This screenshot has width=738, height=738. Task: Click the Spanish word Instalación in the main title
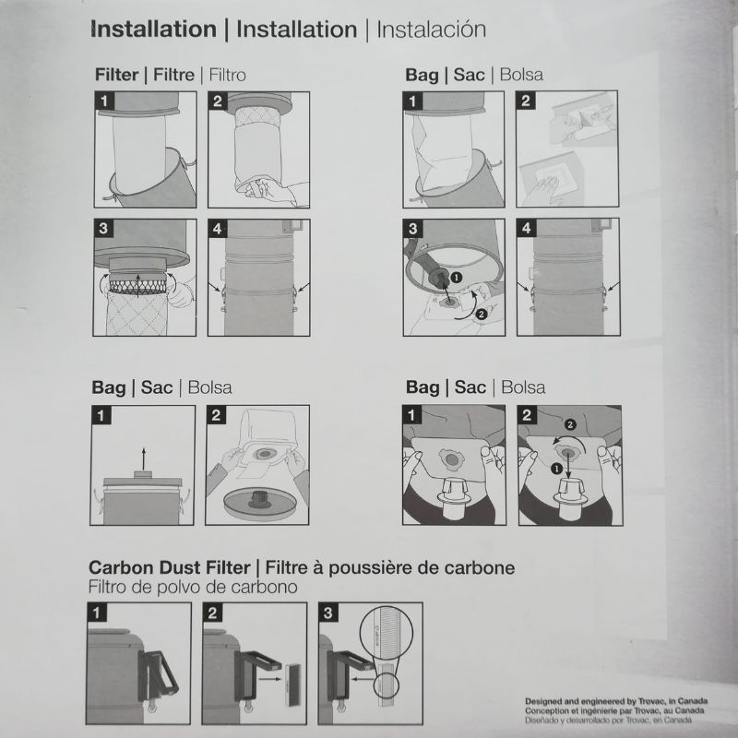(x=431, y=30)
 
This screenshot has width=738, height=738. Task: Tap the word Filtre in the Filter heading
(x=173, y=75)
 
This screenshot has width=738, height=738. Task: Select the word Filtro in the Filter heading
(x=227, y=75)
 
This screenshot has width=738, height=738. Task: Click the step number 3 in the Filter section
(x=103, y=228)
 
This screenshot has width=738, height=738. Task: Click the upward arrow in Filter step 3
(x=137, y=285)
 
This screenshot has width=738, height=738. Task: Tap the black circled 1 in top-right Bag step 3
(x=456, y=278)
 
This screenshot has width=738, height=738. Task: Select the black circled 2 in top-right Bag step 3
(x=481, y=315)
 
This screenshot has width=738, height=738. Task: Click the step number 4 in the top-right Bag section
(x=526, y=228)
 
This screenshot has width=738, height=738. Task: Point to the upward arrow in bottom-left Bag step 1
(x=144, y=457)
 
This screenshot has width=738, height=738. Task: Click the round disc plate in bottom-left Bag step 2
(x=260, y=503)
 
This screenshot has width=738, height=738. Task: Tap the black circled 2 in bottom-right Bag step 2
(x=570, y=425)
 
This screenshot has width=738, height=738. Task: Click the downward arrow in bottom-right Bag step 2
(x=568, y=466)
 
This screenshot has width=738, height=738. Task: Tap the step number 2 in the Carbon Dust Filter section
(x=212, y=613)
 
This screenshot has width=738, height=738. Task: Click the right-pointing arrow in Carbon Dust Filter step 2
(x=270, y=679)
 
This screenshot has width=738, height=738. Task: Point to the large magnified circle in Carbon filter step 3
(x=386, y=631)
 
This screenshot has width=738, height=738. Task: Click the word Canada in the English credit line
(x=693, y=701)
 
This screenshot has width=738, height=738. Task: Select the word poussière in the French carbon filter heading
(x=362, y=568)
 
